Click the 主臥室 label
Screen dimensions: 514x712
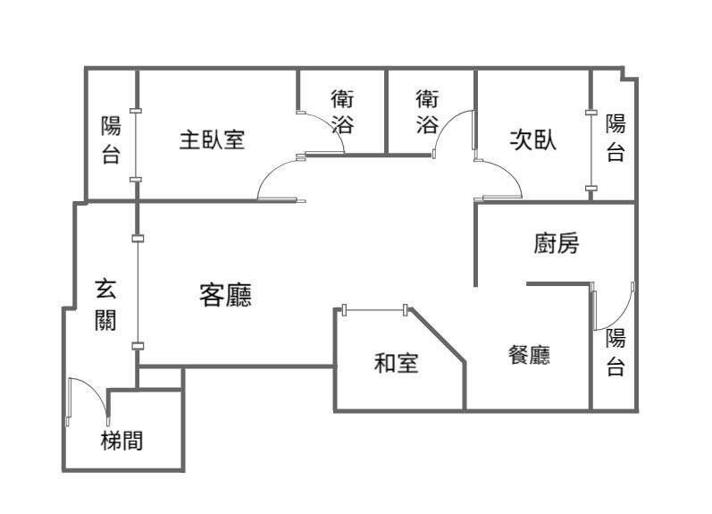coord(212,140)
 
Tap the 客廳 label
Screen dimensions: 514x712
coord(225,295)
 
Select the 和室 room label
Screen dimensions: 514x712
coord(396,363)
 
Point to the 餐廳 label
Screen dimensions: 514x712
coord(528,355)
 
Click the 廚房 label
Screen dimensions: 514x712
coord(556,243)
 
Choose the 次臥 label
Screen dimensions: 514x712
coord(532,140)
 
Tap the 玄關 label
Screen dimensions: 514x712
coord(105,304)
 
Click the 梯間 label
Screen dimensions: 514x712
coord(121,440)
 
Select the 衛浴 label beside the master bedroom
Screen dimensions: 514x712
coord(342,111)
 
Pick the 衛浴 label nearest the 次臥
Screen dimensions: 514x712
coord(428,111)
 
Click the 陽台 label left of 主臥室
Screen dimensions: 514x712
coord(111,140)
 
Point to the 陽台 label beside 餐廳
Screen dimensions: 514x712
coord(616,351)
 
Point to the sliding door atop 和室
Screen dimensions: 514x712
coord(375,310)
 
